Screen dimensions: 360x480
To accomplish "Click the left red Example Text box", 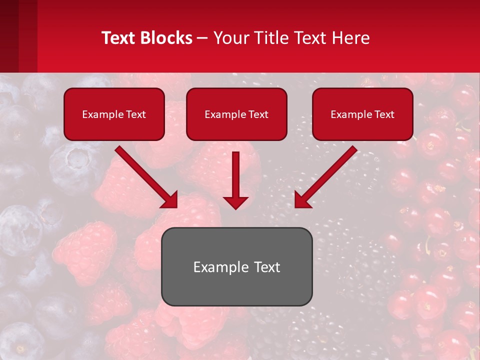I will point(114,114).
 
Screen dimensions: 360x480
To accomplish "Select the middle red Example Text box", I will point(236,114).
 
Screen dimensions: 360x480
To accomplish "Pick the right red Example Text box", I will point(362,114).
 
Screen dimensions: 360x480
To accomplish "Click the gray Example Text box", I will point(236,266).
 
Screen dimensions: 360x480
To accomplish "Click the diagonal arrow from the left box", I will point(145,176).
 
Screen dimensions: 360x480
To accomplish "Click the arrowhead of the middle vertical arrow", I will point(235,202).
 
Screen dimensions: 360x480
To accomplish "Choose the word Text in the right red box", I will point(384,114).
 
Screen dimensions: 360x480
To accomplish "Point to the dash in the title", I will point(202,38).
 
